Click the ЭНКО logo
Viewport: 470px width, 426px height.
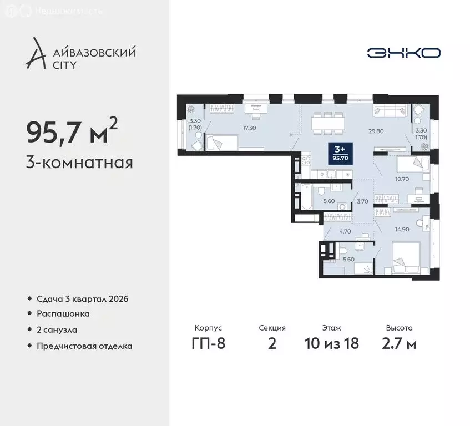point(403,53)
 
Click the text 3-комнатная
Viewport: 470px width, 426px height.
point(79,163)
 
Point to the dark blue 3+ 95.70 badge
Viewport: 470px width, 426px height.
point(337,151)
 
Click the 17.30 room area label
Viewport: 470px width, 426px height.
point(249,127)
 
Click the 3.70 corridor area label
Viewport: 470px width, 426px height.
point(362,201)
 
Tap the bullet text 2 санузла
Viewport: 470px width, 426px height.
point(57,329)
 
